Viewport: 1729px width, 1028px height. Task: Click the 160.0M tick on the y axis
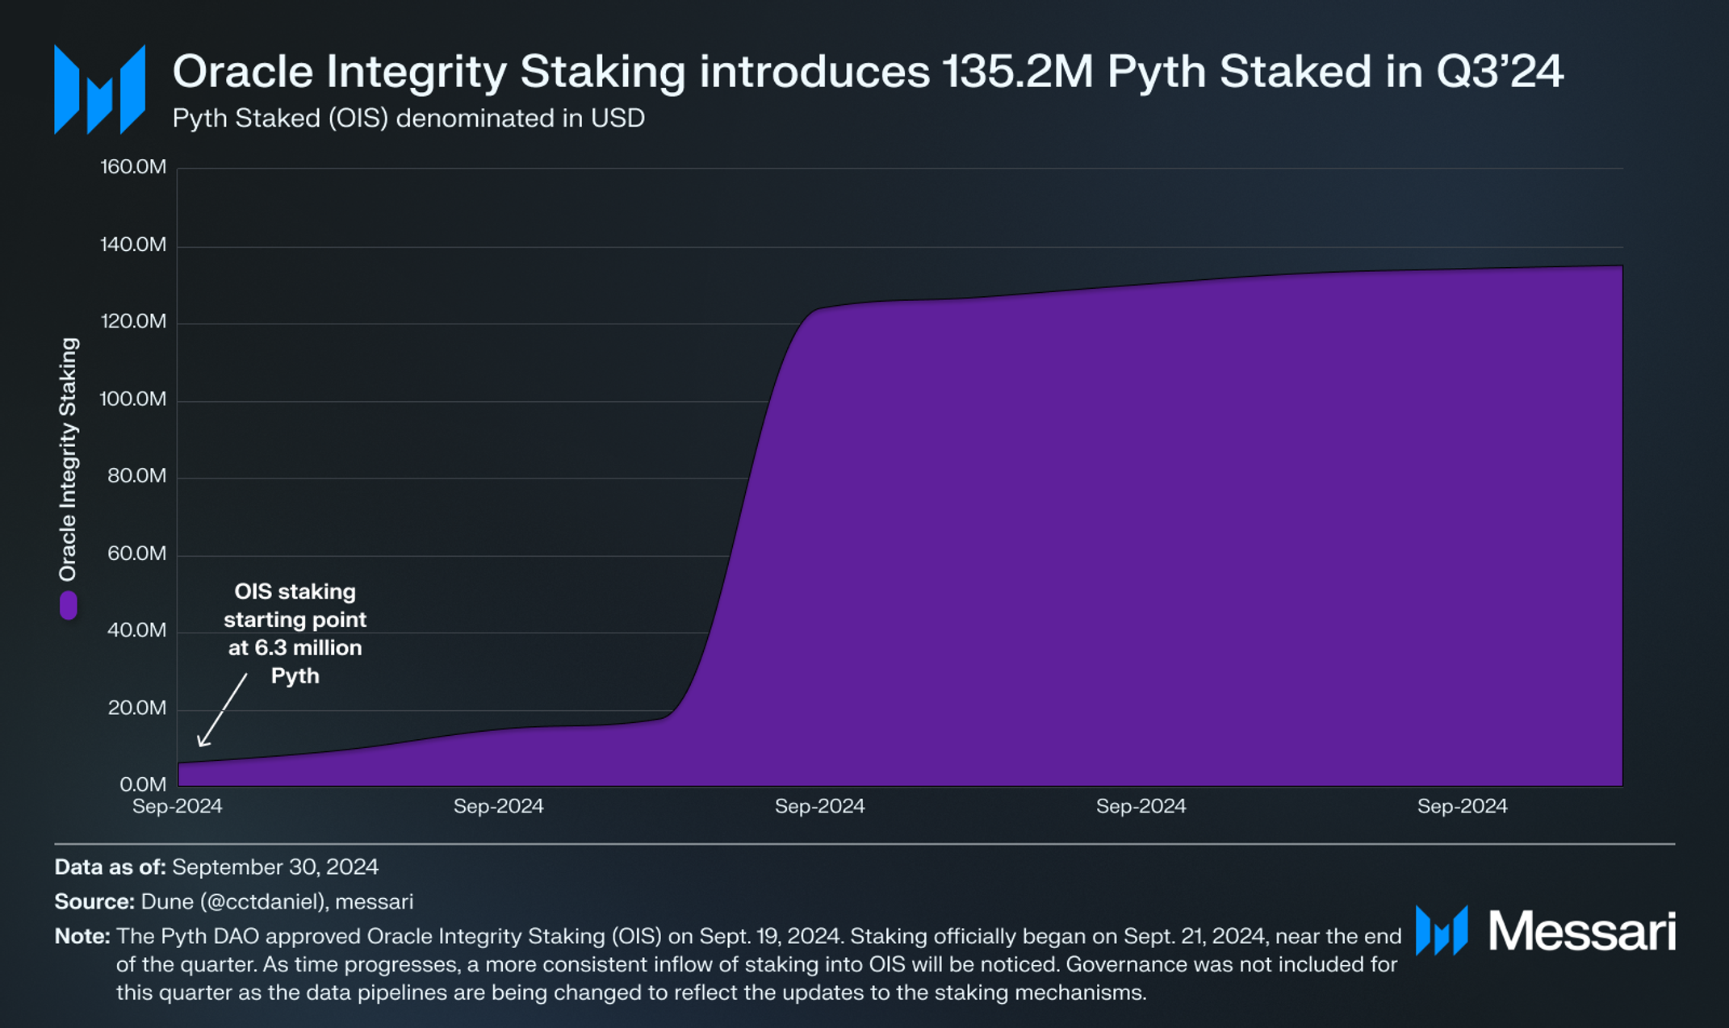click(x=133, y=167)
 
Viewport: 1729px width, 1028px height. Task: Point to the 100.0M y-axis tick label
click(x=133, y=399)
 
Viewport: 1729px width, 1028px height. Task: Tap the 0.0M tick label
click(x=143, y=784)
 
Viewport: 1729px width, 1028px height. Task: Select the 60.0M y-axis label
click(x=136, y=554)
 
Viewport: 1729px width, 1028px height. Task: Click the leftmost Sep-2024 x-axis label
click(x=177, y=806)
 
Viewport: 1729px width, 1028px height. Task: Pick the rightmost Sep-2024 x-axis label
click(x=1462, y=806)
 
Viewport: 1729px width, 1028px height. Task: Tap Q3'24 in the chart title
click(x=1499, y=72)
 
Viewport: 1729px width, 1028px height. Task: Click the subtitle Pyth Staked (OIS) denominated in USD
click(x=408, y=119)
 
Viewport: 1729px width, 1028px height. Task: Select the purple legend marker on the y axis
click(x=69, y=605)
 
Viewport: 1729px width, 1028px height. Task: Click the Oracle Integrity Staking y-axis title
click(x=69, y=458)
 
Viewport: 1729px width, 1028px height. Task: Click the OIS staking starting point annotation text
click(x=295, y=633)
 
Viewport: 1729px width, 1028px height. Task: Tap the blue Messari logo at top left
click(x=99, y=90)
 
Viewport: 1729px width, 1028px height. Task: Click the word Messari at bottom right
click(x=1581, y=931)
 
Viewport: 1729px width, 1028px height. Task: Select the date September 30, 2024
click(x=274, y=867)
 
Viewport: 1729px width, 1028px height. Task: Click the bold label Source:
click(x=94, y=901)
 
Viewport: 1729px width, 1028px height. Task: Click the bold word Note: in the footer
click(x=82, y=936)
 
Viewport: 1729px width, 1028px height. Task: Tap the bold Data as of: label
click(x=110, y=867)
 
